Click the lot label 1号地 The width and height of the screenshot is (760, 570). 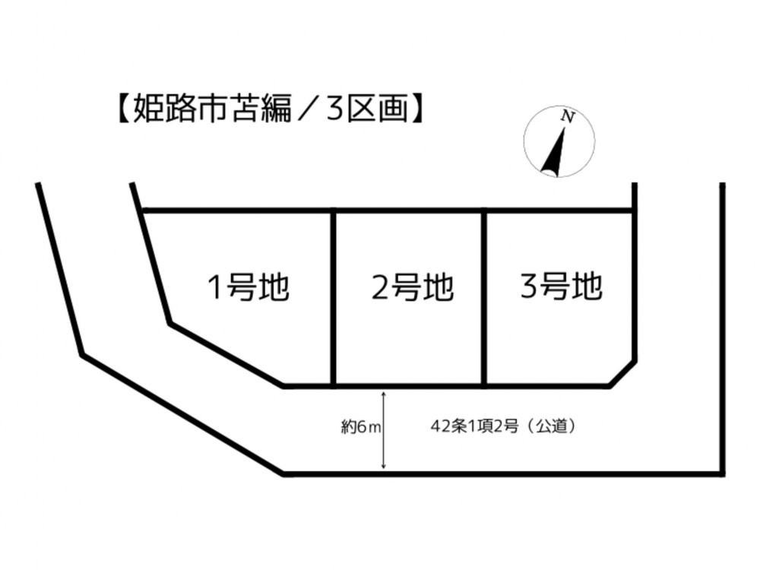click(x=249, y=287)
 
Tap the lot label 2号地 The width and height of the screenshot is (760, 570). click(x=413, y=287)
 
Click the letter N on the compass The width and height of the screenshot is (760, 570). click(x=568, y=117)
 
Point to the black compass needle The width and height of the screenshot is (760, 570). click(x=555, y=151)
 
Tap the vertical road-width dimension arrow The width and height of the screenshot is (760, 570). click(x=384, y=430)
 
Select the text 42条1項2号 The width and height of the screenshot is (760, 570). click(x=475, y=426)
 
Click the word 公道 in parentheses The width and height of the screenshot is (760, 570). click(x=552, y=426)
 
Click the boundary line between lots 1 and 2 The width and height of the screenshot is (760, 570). click(x=334, y=298)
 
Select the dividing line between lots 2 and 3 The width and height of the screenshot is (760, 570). click(x=484, y=298)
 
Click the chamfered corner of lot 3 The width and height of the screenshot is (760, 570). click(x=622, y=373)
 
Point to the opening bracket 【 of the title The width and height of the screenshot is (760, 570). click(x=122, y=108)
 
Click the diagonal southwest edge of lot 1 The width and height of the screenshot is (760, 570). click(x=226, y=355)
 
